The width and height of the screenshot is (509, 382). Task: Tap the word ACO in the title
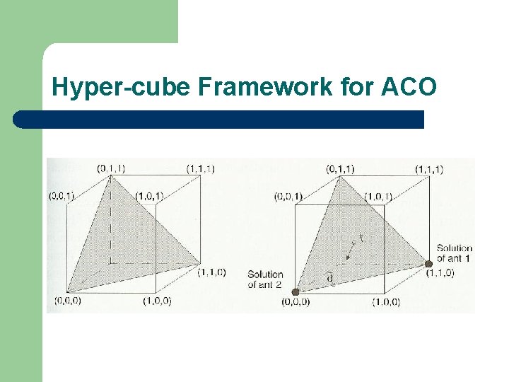409,87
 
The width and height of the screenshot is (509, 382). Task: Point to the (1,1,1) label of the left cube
200,168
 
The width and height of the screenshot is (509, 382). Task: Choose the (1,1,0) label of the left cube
211,272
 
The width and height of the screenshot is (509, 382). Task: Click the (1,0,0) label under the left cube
156,301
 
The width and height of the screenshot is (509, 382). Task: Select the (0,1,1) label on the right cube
340,168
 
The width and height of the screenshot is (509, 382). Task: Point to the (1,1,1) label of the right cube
429,168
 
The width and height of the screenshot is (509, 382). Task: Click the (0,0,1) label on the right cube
288,196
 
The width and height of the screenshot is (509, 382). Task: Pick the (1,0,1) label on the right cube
378,196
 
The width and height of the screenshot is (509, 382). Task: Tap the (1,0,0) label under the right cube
387,302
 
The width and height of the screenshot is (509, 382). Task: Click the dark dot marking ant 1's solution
428,264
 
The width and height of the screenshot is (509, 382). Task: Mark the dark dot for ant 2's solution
296,291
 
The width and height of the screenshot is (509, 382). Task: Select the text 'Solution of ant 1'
454,253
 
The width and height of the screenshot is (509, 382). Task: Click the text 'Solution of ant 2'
265,279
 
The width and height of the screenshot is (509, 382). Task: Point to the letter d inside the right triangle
330,278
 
